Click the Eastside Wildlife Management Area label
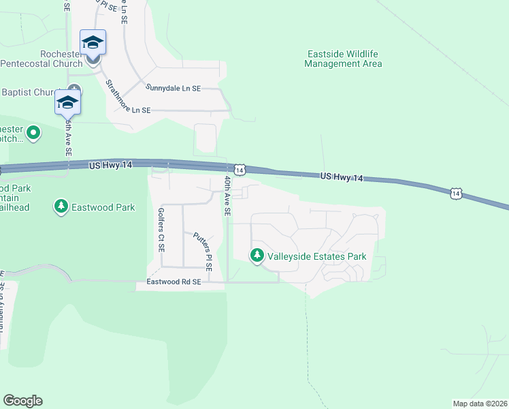click(343, 59)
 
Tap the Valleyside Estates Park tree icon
click(257, 256)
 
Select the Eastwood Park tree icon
click(61, 207)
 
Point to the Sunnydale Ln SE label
click(174, 88)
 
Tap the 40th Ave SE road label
click(227, 196)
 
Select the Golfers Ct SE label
click(162, 230)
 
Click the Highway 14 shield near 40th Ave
click(239, 169)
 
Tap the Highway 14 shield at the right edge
click(455, 194)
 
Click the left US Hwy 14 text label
click(110, 166)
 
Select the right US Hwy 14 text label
click(342, 177)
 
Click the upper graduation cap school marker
click(92, 43)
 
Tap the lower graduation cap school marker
click(67, 102)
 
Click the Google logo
click(22, 401)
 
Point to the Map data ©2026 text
click(480, 404)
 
